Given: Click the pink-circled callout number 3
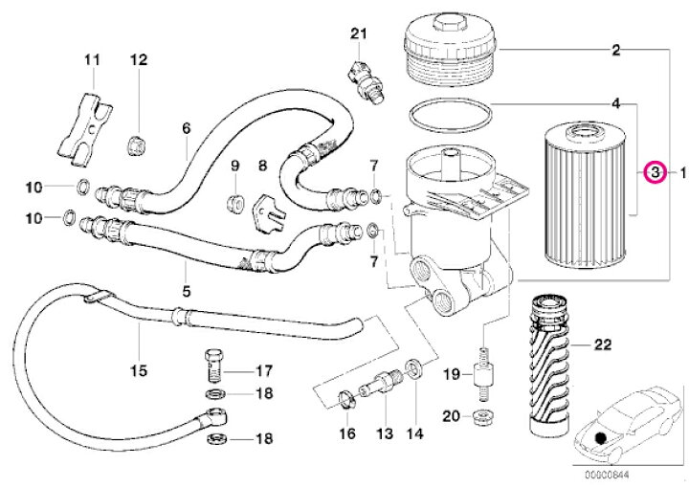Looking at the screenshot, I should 655,173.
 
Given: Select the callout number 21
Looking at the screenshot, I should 358,34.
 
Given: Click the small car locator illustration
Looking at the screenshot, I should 617,421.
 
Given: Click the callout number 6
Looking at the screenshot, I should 186,127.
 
